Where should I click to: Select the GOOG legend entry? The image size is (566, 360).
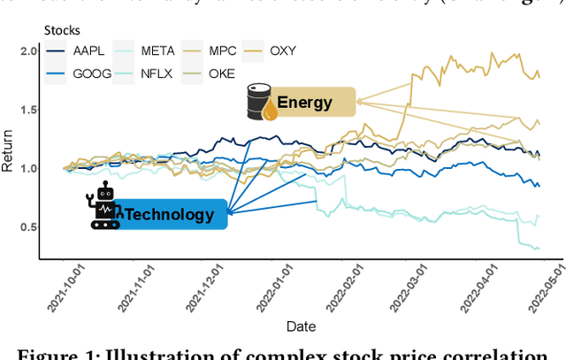pyautogui.click(x=73, y=74)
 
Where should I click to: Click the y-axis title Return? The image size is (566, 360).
pyautogui.click(x=8, y=153)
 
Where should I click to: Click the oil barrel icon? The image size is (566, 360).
pyautogui.click(x=259, y=103)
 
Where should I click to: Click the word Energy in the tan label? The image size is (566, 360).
pyautogui.click(x=304, y=103)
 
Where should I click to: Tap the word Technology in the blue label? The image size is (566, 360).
pyautogui.click(x=170, y=214)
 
